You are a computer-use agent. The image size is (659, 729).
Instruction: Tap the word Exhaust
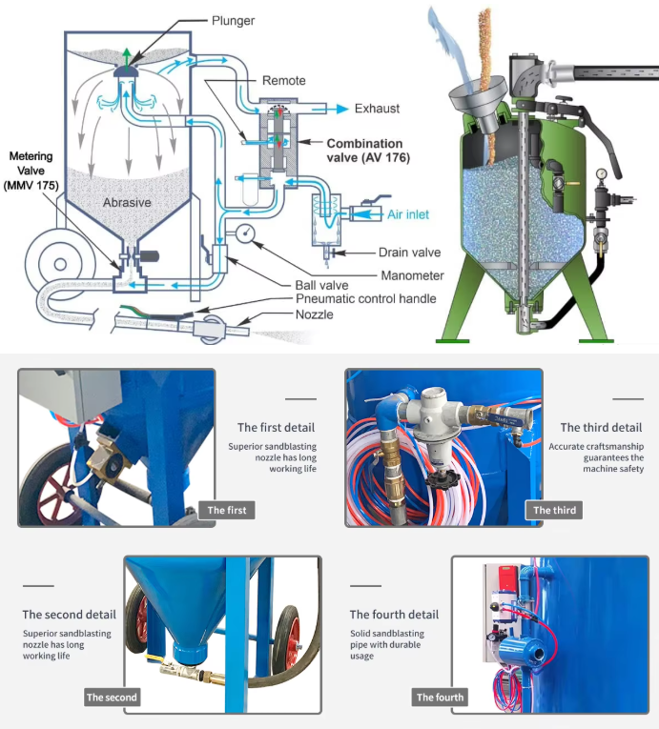click(x=377, y=109)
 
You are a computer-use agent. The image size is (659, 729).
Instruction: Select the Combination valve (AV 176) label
click(x=365, y=151)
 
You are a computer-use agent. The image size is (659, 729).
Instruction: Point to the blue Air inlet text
click(x=412, y=215)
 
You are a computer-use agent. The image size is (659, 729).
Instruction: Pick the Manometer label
click(x=385, y=275)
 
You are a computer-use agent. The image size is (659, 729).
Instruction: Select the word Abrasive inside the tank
click(x=127, y=203)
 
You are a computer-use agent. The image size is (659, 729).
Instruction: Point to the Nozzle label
click(x=315, y=314)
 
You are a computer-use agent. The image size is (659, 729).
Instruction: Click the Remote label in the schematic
click(x=283, y=81)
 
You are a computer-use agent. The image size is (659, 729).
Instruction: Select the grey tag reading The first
click(x=227, y=510)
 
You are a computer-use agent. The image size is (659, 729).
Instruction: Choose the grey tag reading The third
click(x=554, y=510)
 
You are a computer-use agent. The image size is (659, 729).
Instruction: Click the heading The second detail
click(x=70, y=615)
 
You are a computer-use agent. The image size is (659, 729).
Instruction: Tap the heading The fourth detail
click(x=394, y=615)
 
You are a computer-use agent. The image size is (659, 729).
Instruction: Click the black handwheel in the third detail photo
click(x=441, y=476)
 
